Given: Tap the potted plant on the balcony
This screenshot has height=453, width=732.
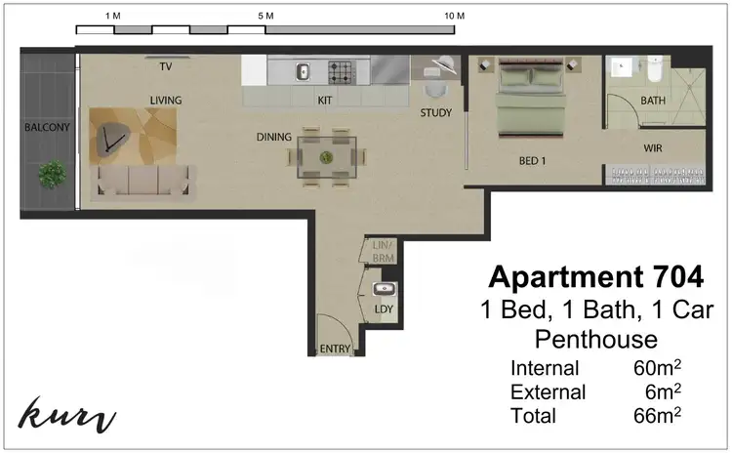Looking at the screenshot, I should [x=52, y=175].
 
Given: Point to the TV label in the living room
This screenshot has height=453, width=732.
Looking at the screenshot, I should [x=166, y=66].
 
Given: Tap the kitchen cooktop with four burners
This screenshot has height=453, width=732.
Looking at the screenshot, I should [x=341, y=71].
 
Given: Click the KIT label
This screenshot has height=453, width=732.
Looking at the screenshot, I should [x=326, y=100].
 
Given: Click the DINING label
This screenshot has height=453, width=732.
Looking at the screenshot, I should [x=274, y=138].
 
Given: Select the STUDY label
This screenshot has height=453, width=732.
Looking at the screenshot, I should [x=435, y=112].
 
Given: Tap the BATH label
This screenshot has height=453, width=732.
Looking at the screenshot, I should [x=653, y=101].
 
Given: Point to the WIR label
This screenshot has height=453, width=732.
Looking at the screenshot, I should [x=654, y=148].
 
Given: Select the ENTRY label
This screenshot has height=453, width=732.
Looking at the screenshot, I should [x=335, y=349].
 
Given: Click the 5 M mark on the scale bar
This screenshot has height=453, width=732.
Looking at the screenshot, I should [x=264, y=17].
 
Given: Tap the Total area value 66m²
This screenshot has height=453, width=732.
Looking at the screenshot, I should [x=656, y=415].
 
